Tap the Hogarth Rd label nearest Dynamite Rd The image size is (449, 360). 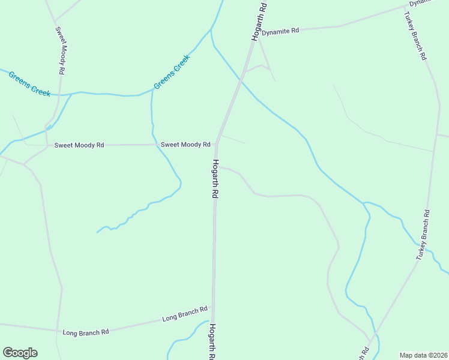click(259, 21)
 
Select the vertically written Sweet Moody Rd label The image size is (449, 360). click(60, 50)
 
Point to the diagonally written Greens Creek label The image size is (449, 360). click(171, 72)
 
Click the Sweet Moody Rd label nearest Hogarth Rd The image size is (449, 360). click(185, 145)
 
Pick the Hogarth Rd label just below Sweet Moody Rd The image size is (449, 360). click(214, 179)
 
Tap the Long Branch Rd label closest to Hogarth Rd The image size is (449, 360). click(185, 313)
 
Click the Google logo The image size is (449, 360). click(20, 353)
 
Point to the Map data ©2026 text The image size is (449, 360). click(423, 355)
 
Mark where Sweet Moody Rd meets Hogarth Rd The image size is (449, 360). click(216, 144)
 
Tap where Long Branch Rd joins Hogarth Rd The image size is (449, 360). click(213, 307)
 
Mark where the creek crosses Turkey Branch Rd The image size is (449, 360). click(416, 244)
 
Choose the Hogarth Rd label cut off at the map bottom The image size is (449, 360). click(212, 342)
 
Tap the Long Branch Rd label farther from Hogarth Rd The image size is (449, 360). click(85, 331)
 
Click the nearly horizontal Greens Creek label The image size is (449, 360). click(29, 83)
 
